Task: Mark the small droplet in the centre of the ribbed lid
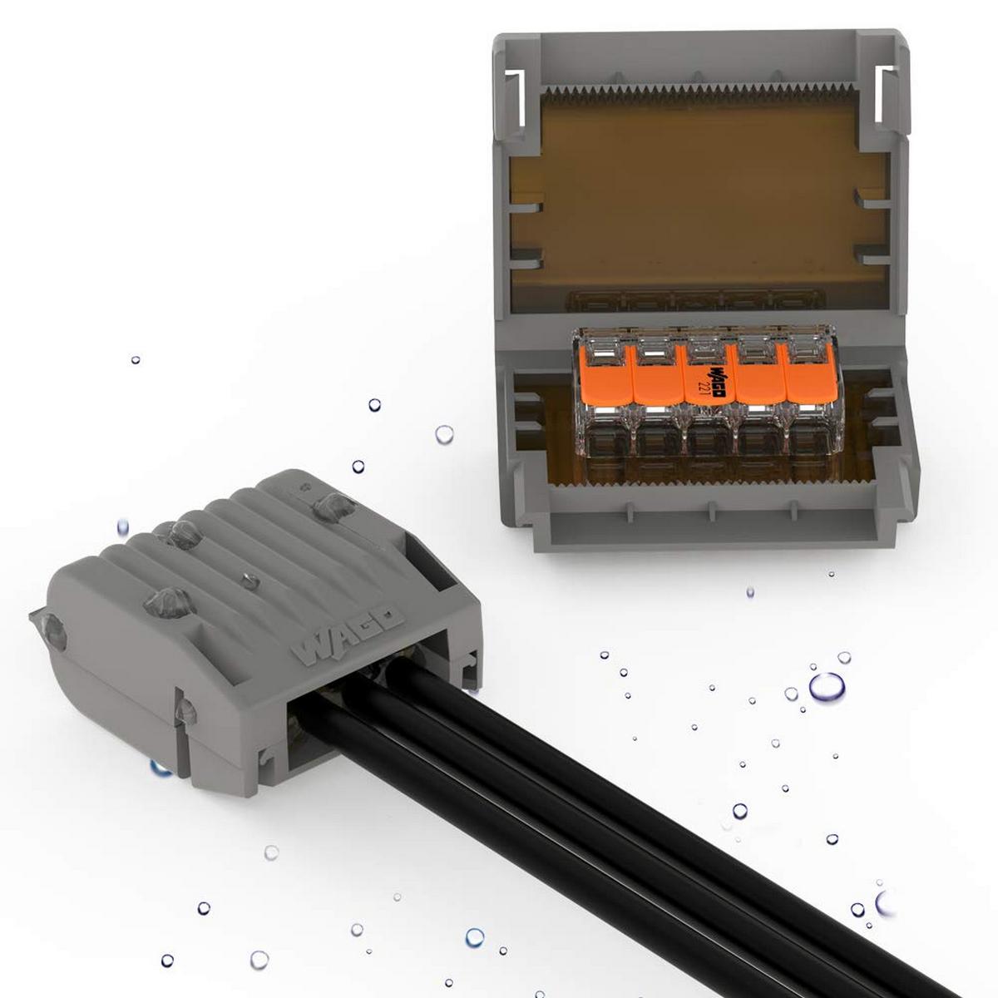247,576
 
